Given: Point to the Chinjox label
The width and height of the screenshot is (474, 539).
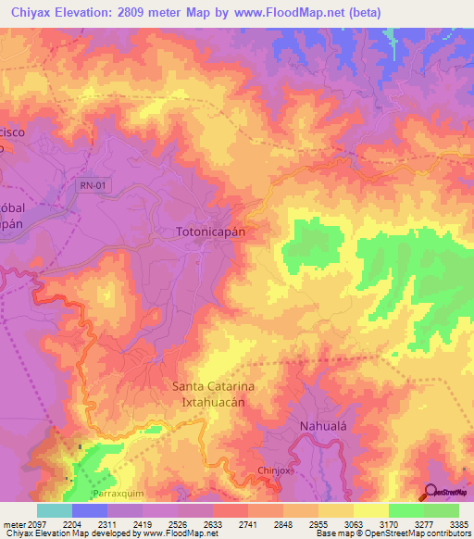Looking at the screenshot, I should (x=275, y=473).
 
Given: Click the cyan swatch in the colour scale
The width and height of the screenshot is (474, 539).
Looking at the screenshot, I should (x=55, y=510).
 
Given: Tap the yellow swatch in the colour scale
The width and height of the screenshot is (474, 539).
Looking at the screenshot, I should (x=370, y=510).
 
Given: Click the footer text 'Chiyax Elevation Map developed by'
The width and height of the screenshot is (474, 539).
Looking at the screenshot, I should (x=63, y=534).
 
